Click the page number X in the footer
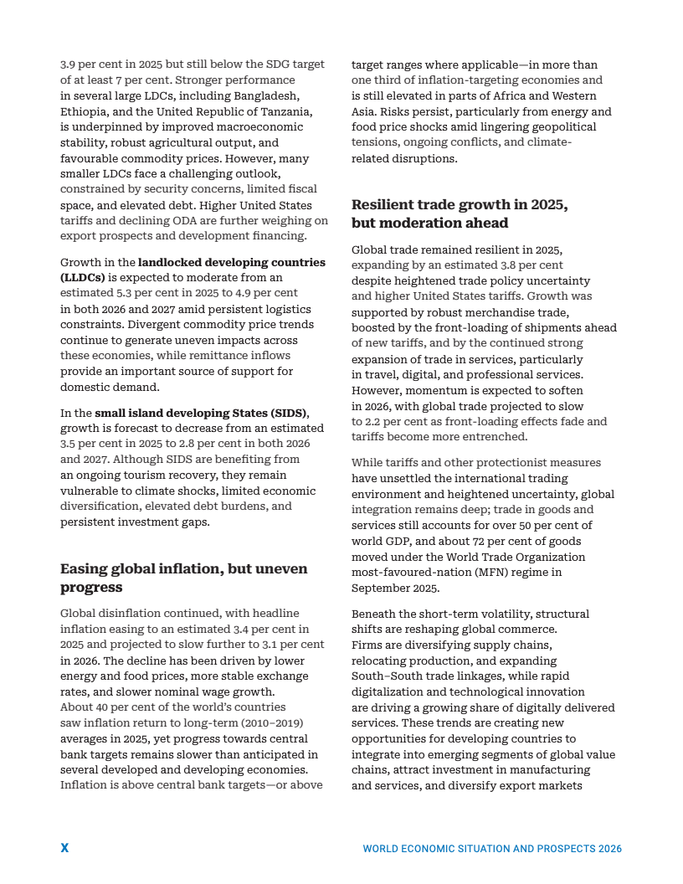point(64,848)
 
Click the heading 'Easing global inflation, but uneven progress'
point(183,578)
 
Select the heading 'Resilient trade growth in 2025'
point(459,213)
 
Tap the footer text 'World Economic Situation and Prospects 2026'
point(492,849)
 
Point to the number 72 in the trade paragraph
point(475,541)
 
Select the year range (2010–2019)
point(271,722)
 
